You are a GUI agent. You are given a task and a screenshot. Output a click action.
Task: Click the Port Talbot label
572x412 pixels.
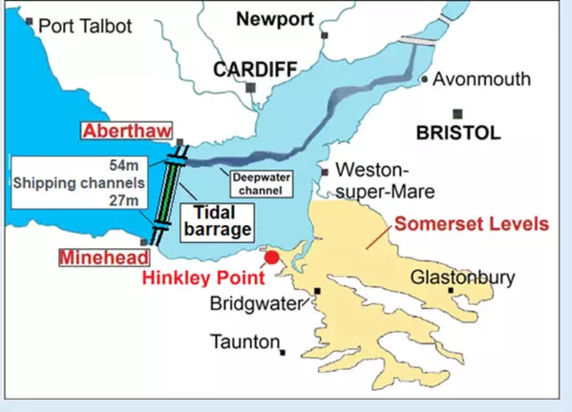86,26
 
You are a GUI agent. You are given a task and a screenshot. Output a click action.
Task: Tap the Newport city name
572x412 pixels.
276,18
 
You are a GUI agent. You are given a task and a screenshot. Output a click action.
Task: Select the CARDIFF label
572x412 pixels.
255,70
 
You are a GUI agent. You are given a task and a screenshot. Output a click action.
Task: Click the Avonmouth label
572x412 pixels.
481,78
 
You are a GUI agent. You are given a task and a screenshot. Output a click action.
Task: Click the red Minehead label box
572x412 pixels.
103,257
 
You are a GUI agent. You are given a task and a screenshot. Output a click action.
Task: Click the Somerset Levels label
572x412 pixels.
471,225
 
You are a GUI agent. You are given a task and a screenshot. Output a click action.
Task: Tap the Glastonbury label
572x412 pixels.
461,278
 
